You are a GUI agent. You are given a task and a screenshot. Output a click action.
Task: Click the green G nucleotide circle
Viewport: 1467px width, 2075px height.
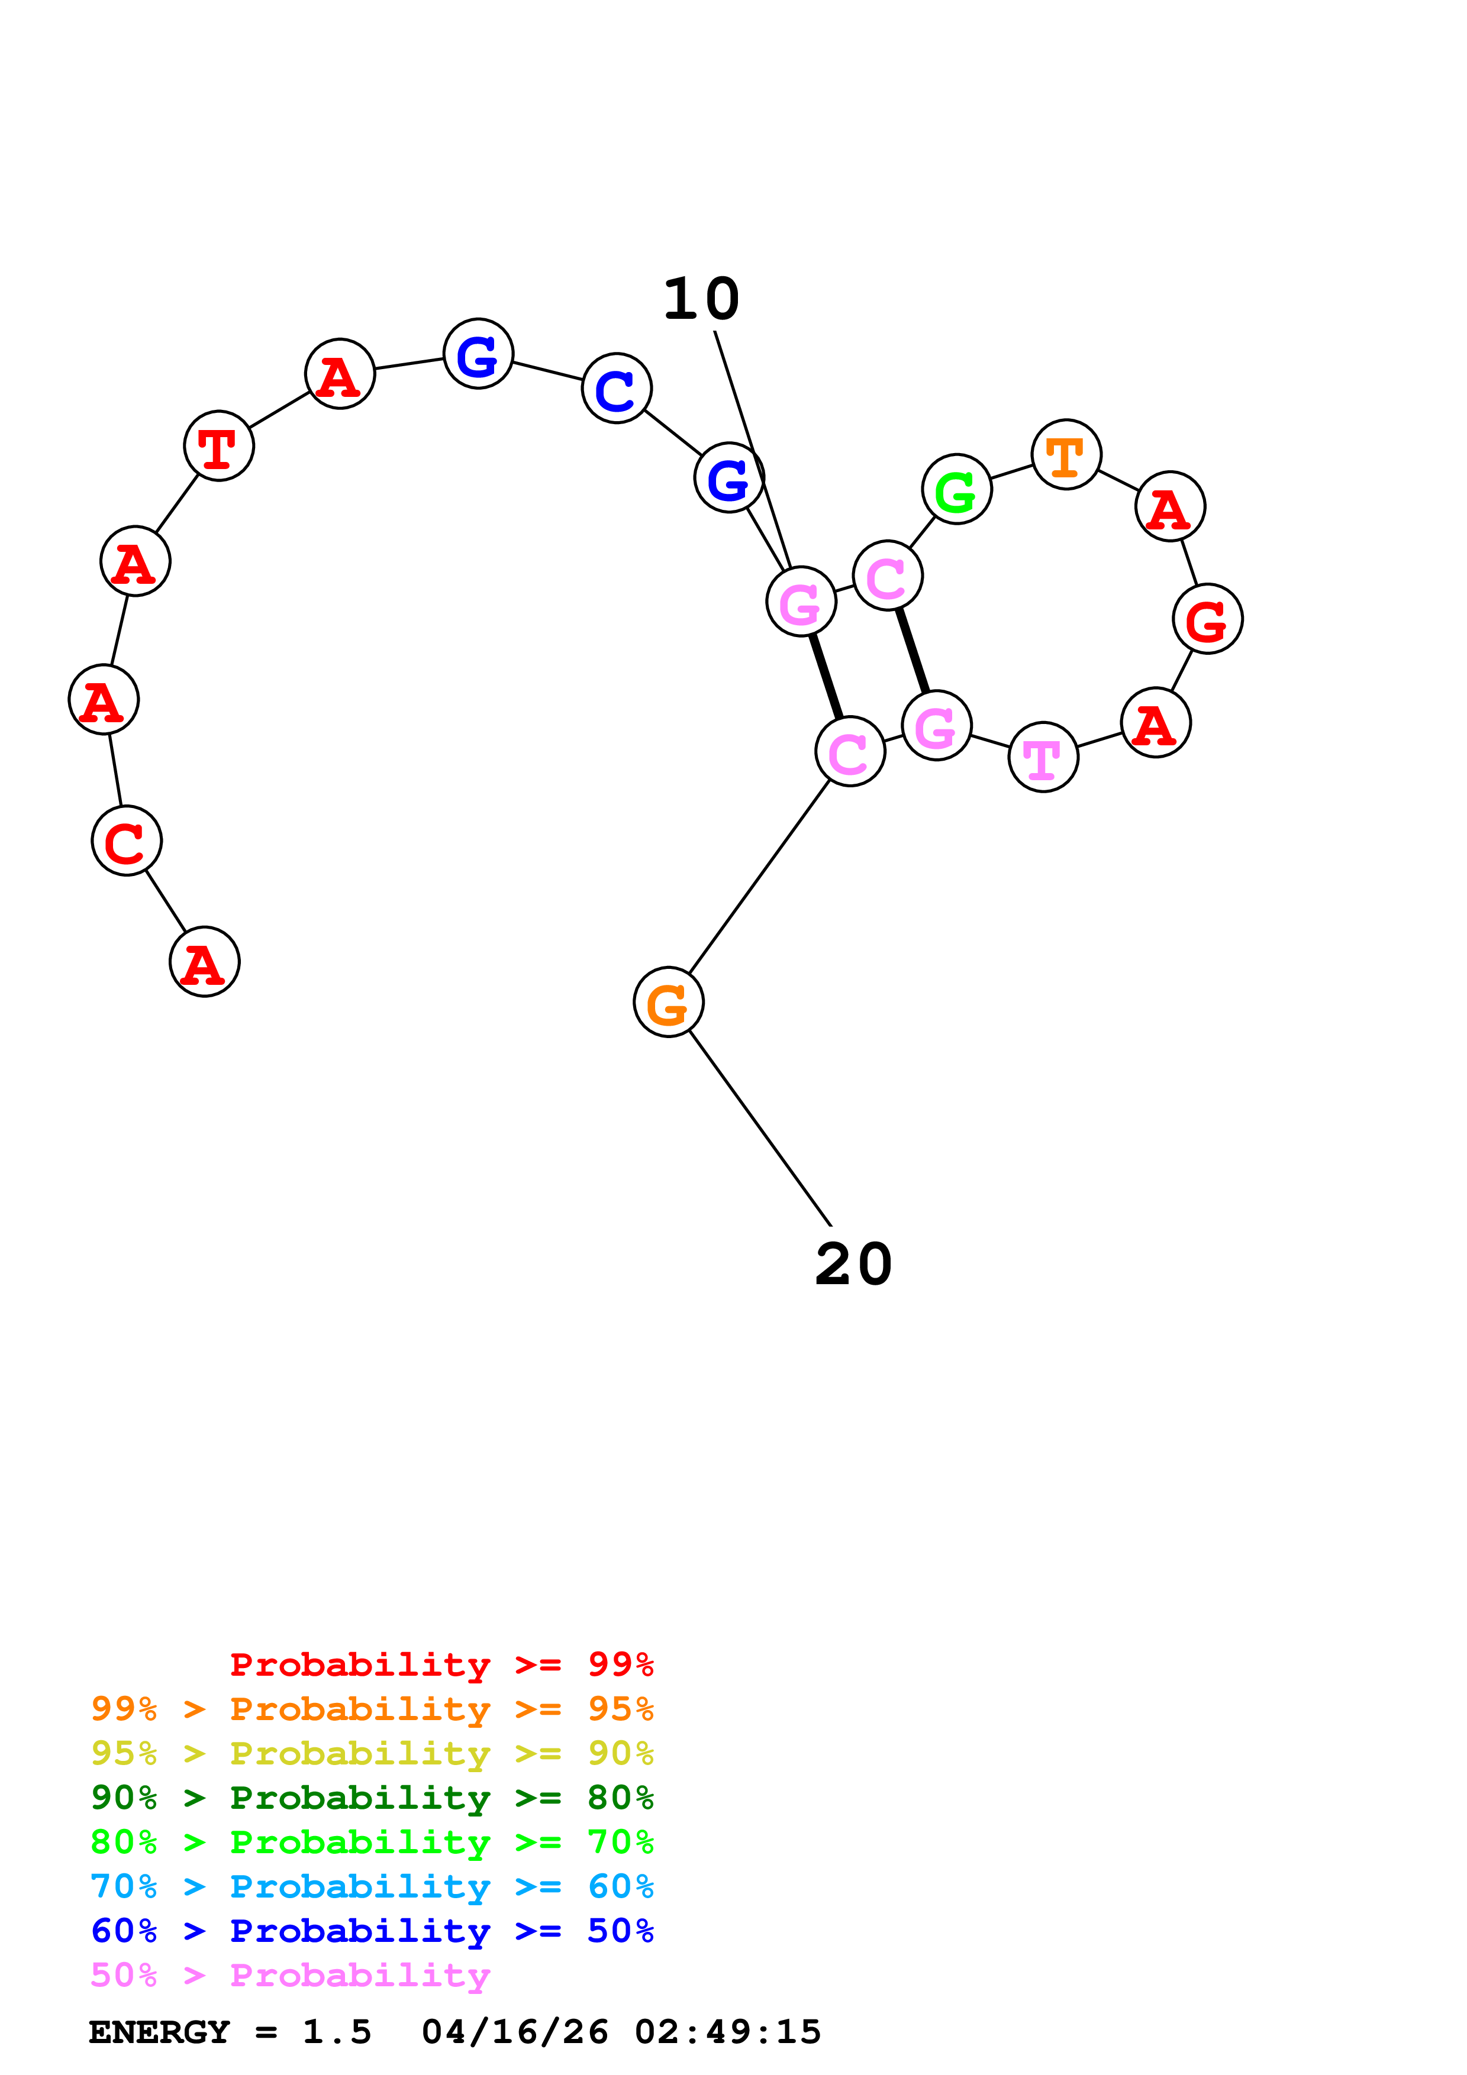coord(956,489)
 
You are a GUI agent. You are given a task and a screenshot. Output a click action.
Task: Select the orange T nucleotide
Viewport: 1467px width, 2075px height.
coord(1066,455)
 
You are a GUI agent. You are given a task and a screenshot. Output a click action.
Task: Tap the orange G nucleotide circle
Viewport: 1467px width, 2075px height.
coord(668,1001)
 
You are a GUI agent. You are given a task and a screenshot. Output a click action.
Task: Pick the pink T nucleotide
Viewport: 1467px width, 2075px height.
coord(1043,757)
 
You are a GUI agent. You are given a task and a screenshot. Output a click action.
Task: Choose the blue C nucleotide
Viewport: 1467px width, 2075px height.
coord(617,389)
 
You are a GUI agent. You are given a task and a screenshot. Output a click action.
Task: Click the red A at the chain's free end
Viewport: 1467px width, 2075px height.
coord(204,962)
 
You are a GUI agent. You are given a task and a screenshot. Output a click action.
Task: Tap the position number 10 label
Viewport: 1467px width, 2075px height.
coord(701,299)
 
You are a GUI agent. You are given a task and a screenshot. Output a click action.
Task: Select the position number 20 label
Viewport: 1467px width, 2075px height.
coord(853,1264)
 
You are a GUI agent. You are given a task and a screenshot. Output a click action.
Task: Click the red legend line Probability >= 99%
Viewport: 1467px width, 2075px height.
coord(441,1664)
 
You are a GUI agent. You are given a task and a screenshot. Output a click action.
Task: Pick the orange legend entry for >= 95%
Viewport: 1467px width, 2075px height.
coord(372,1708)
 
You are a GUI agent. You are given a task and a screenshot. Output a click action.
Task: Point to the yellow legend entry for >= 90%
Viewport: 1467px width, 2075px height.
coord(372,1753)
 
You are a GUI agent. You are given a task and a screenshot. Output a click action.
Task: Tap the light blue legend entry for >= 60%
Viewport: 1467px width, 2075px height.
coord(372,1886)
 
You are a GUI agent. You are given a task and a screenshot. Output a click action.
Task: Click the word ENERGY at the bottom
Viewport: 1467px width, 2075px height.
coord(159,2032)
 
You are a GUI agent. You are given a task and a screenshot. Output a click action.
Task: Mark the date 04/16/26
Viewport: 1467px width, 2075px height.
coord(514,2032)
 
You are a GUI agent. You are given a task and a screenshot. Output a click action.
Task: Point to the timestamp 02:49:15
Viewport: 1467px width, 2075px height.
coord(728,2032)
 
